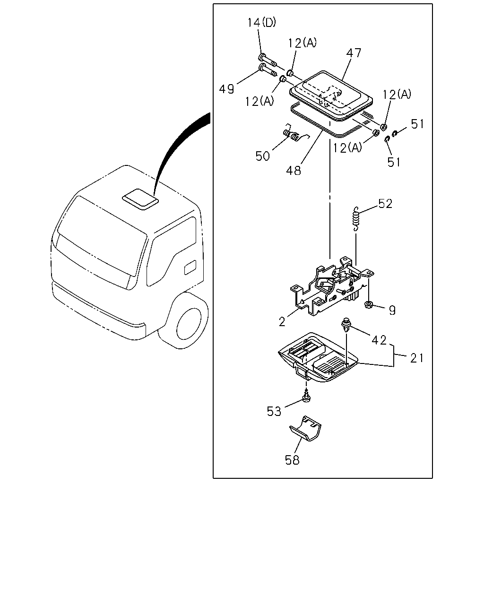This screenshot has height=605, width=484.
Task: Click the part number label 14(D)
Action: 261,23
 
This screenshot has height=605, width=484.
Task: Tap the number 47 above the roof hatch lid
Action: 354,52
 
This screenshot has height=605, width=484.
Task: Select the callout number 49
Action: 226,89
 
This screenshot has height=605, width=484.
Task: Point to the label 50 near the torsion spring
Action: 262,156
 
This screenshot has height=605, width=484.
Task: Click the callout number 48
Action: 294,170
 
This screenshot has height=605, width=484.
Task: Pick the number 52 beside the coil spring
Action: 385,204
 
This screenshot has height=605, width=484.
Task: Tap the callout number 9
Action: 392,311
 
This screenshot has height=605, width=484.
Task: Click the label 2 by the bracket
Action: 282,321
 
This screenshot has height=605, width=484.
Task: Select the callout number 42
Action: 379,340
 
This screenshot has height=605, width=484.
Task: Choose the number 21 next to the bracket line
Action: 417,358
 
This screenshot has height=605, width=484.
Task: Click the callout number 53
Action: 274,411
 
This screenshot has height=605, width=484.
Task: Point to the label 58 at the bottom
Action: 292,460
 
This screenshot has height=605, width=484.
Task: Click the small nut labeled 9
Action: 368,304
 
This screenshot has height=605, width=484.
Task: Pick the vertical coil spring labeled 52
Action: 356,219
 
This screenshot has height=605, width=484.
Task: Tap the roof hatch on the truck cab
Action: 140,199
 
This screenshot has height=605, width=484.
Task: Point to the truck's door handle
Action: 190,268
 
